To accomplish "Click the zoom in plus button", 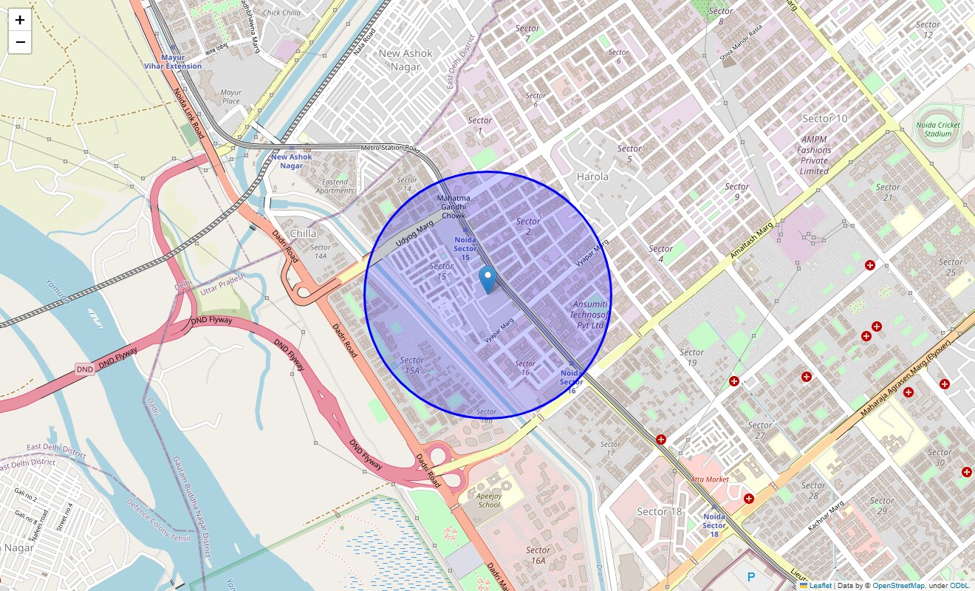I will click(x=20, y=20).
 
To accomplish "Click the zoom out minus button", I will click(x=20, y=42).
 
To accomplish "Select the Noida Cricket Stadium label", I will click(x=938, y=129).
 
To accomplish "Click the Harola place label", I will click(x=592, y=177).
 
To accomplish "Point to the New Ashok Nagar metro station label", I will click(x=291, y=161).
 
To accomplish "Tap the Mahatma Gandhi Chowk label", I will click(x=453, y=207).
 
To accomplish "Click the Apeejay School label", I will click(x=489, y=500).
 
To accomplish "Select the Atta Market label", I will click(x=709, y=479).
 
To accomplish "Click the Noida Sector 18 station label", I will click(x=714, y=525).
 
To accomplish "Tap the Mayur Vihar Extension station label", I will click(x=173, y=61).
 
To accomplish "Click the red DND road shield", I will click(x=85, y=369).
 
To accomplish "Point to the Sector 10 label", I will click(x=824, y=118).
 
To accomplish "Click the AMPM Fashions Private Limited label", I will click(x=814, y=155).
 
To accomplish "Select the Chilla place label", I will click(x=304, y=233).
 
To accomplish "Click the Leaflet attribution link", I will click(x=820, y=586).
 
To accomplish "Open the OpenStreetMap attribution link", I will click(x=898, y=586).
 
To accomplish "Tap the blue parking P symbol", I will click(x=752, y=576).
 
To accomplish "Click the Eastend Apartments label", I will click(x=335, y=186).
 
